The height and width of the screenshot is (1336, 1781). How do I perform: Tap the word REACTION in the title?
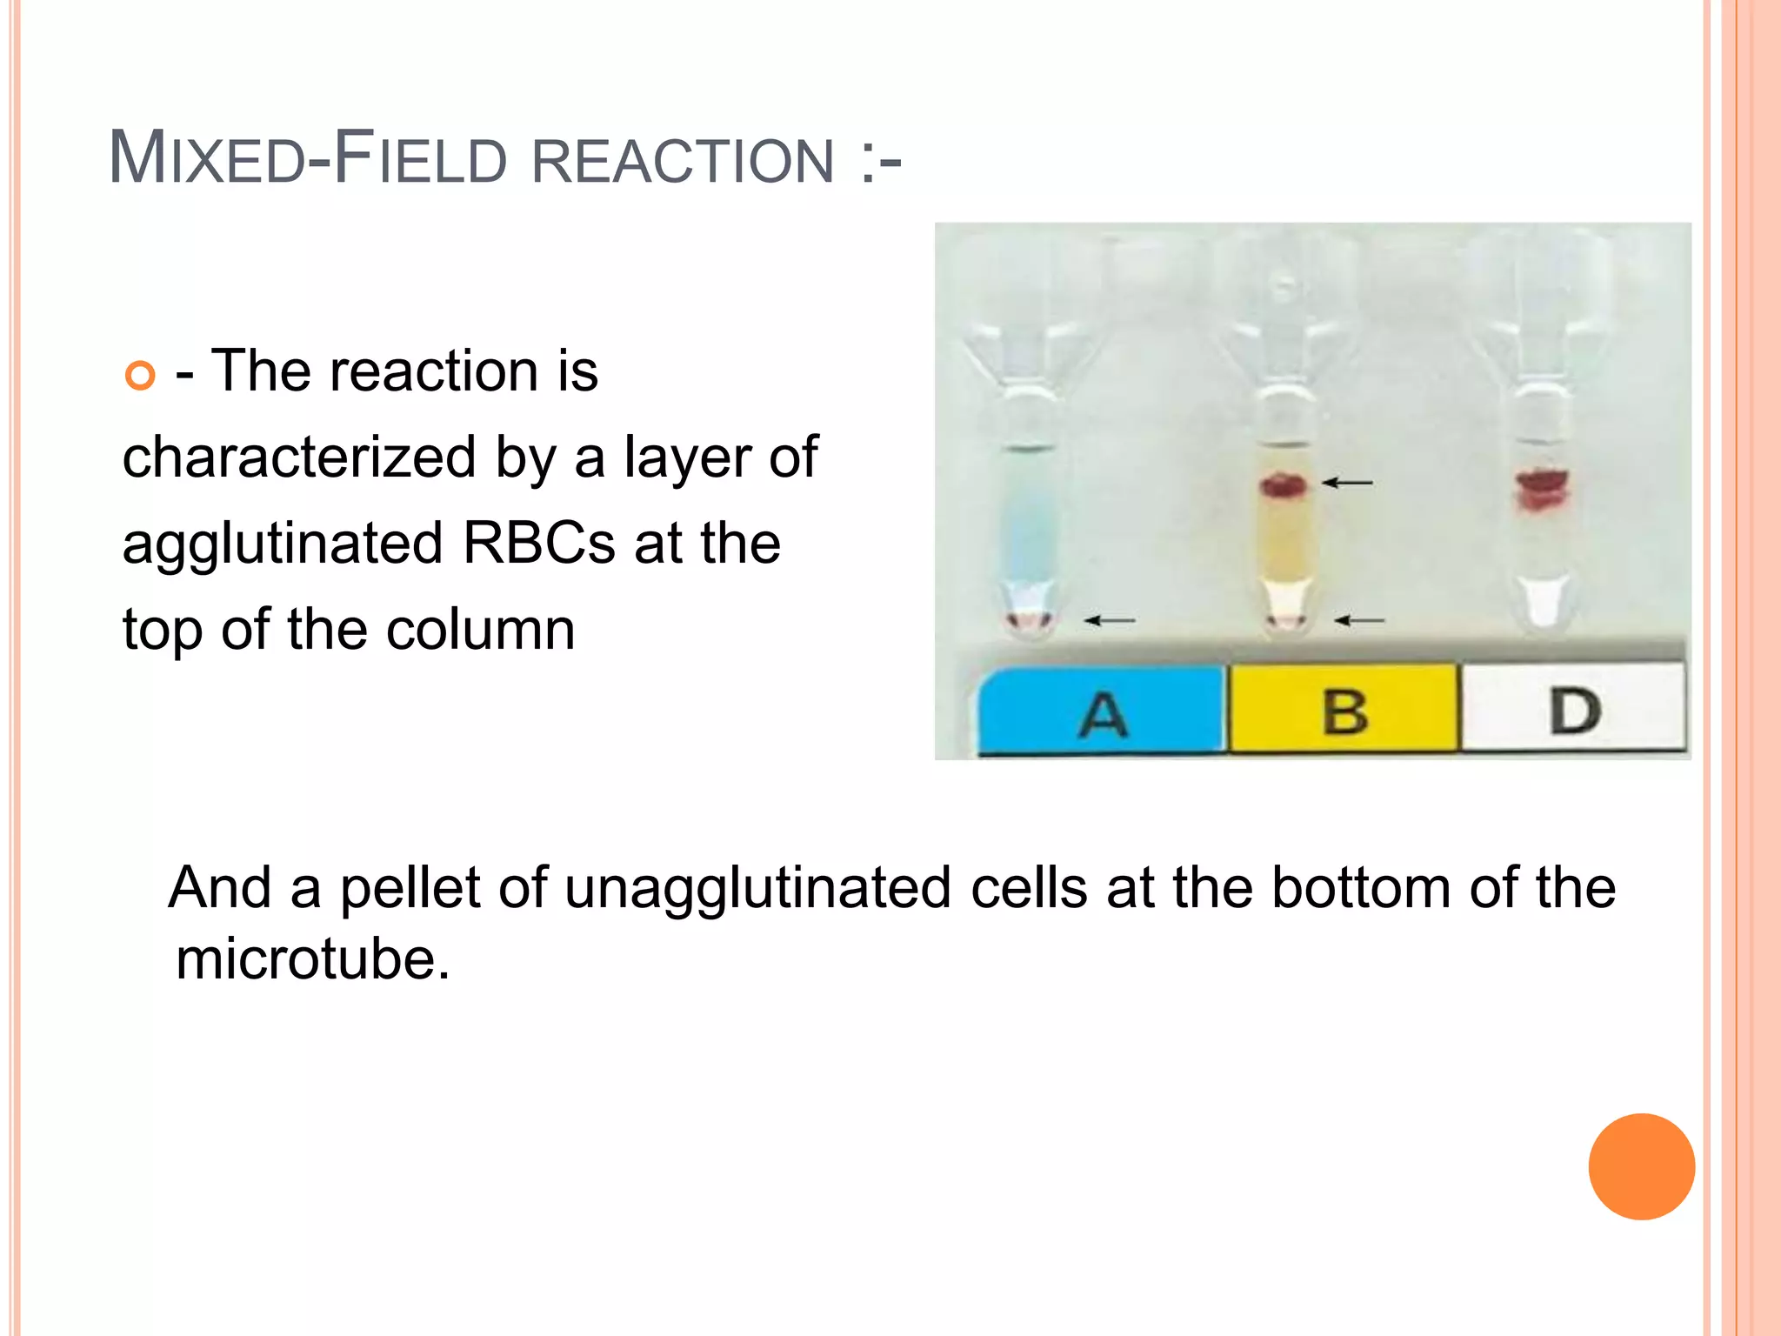(683, 161)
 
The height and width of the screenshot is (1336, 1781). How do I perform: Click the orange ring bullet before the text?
(140, 375)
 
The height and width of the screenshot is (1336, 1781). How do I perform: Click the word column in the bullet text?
(480, 630)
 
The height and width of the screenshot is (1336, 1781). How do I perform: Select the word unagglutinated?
(757, 889)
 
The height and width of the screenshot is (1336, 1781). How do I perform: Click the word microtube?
(312, 959)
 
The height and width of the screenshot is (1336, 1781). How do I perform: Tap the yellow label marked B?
(1344, 710)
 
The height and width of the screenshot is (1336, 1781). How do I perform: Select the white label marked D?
(1573, 708)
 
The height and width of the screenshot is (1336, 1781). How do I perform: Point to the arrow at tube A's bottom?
(1110, 620)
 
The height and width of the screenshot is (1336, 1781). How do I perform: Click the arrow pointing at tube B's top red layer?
(1347, 482)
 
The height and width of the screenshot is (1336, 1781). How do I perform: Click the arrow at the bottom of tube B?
(1359, 620)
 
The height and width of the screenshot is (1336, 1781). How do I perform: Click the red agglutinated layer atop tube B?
(1284, 484)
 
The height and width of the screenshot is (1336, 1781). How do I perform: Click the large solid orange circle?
(1641, 1166)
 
